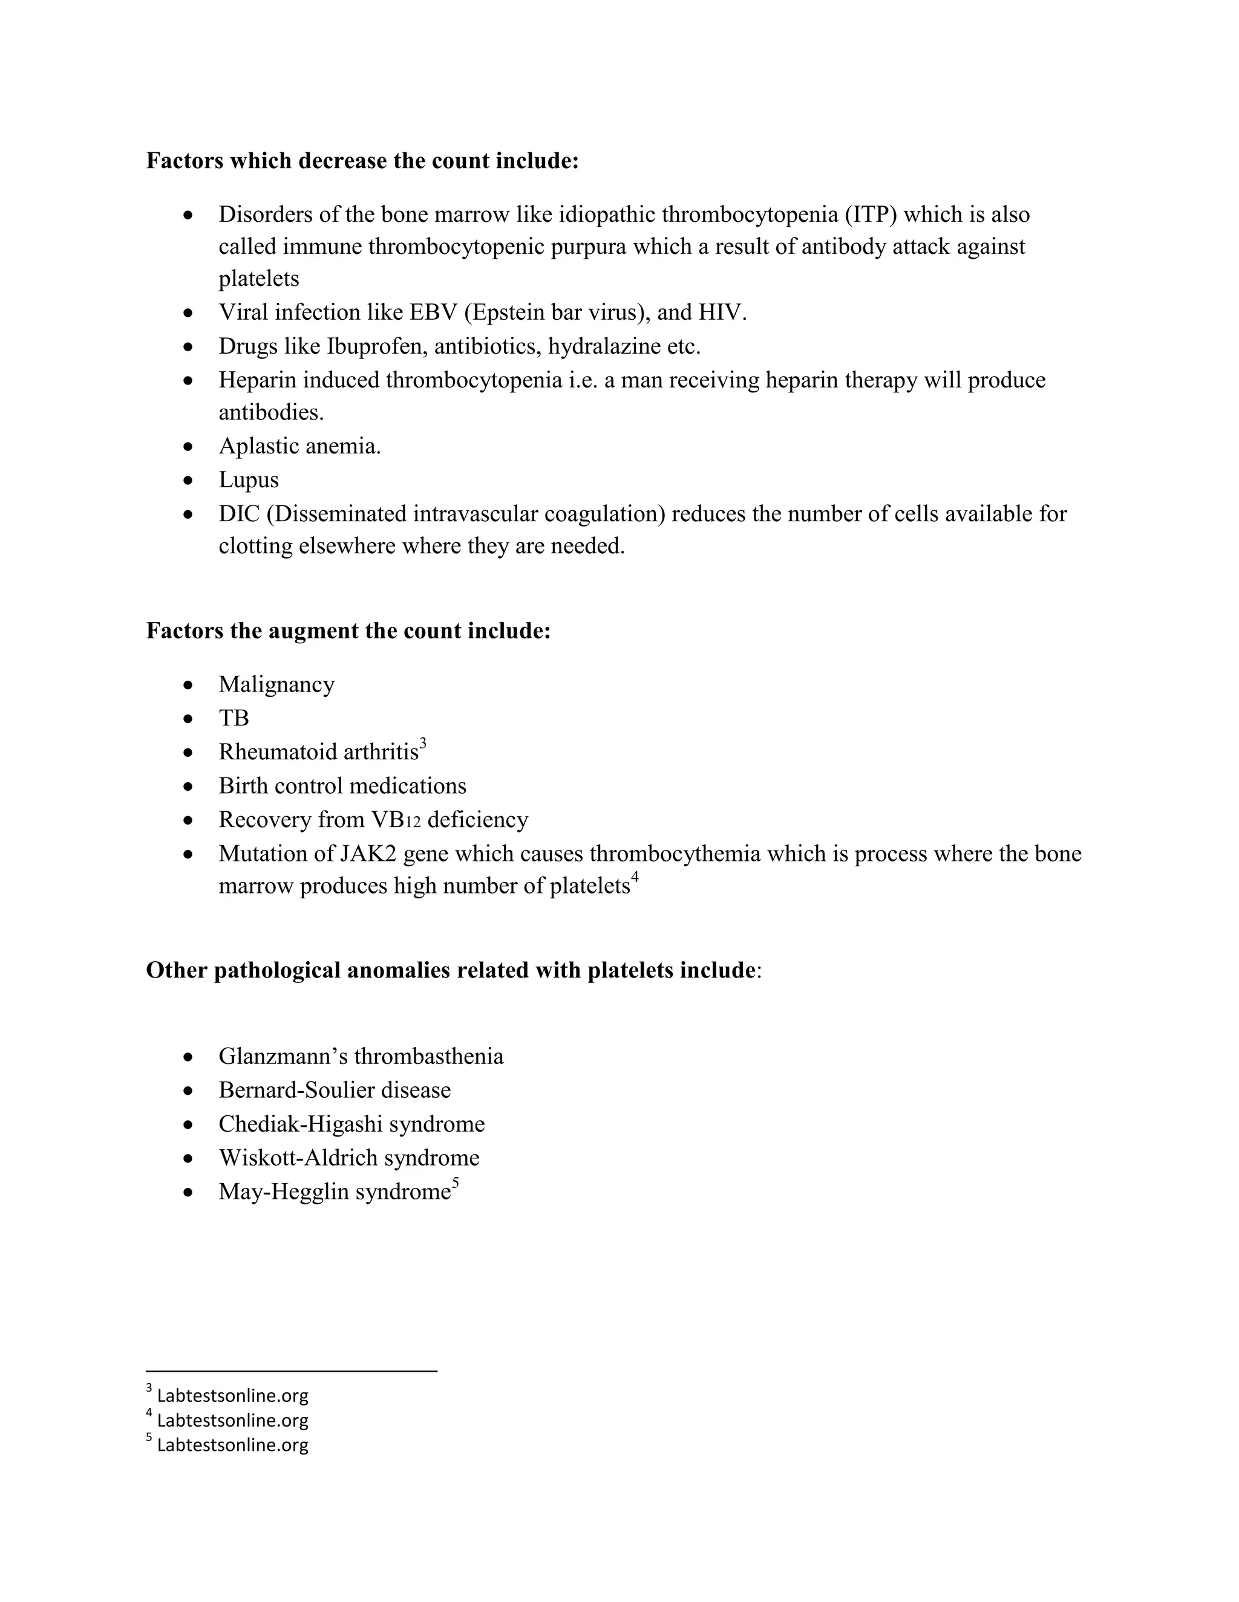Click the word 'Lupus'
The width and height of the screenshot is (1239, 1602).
click(249, 480)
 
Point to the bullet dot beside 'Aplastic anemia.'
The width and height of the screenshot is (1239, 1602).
click(189, 446)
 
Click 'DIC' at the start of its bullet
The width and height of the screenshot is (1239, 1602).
click(240, 513)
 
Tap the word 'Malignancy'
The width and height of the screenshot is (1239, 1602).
click(276, 684)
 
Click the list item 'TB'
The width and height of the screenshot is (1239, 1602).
click(234, 718)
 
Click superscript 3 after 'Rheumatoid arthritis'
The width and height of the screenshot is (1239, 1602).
click(423, 745)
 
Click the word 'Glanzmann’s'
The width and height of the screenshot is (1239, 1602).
click(283, 1057)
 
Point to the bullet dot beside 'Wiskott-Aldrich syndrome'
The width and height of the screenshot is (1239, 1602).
click(189, 1158)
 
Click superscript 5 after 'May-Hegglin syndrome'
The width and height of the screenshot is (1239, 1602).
click(455, 1183)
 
